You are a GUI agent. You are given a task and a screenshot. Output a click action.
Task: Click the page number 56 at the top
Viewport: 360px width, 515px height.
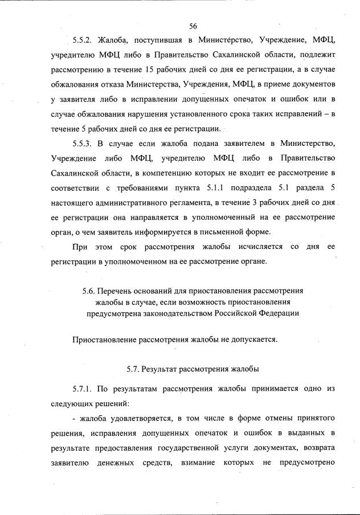coord(193,26)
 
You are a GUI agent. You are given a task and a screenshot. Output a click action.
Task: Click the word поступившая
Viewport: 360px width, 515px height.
coord(154,41)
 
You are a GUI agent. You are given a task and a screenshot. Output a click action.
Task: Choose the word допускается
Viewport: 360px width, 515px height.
coord(250,340)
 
